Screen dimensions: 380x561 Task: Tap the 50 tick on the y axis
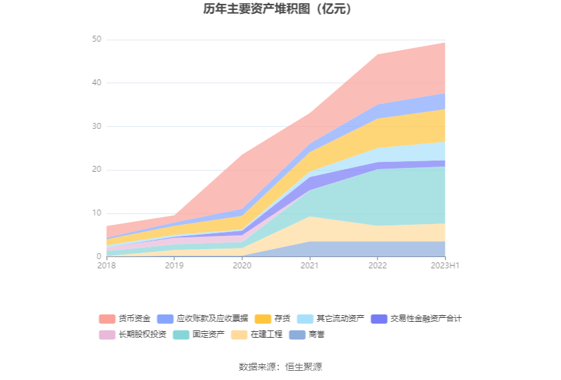click(96, 40)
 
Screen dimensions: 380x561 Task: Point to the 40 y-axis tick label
click(96, 83)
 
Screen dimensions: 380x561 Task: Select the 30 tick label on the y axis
click(96, 126)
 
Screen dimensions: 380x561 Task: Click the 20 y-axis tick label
click(96, 170)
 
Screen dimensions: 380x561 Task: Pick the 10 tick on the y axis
click(96, 213)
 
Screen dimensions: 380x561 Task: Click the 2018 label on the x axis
click(106, 266)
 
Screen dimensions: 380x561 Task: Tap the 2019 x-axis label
click(174, 266)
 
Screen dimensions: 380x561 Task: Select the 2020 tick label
click(242, 266)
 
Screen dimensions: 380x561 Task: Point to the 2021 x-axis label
click(310, 266)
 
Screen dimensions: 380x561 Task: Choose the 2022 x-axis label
click(377, 266)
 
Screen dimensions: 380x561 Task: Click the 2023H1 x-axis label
click(445, 266)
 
